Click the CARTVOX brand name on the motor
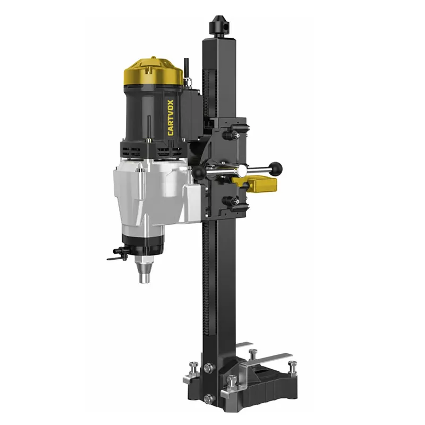[x=171, y=117]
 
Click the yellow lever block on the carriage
[x=258, y=183]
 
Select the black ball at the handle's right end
[x=275, y=168]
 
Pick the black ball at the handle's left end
[x=199, y=172]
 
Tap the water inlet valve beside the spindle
[x=118, y=254]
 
